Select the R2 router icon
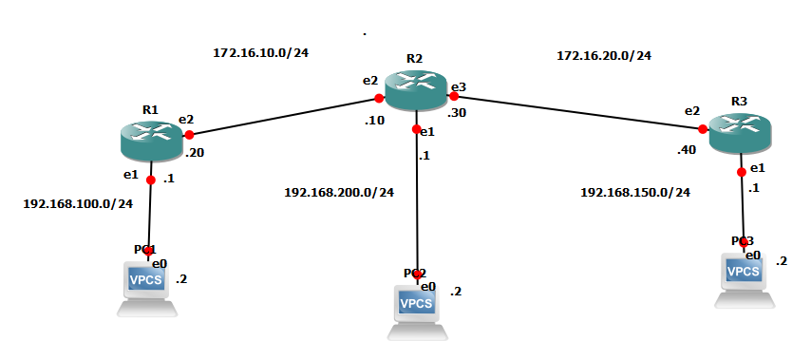[414, 89]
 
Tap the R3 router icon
[742, 130]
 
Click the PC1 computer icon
[147, 285]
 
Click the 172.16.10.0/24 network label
[261, 52]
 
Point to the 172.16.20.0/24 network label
[604, 56]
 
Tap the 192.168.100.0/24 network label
[78, 202]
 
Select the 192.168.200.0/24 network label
[339, 192]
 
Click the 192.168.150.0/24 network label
[635, 192]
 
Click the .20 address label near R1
[195, 152]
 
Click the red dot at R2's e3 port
[454, 96]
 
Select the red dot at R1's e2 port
[189, 135]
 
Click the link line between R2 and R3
[579, 112]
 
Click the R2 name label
[414, 59]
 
